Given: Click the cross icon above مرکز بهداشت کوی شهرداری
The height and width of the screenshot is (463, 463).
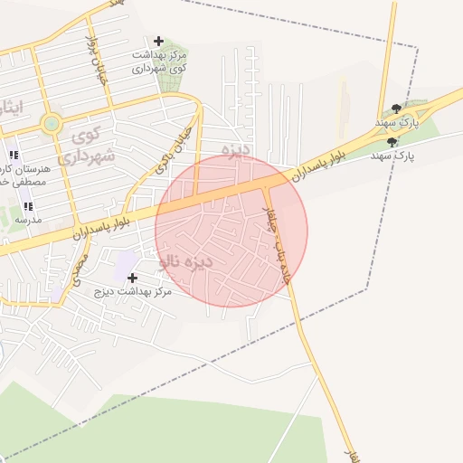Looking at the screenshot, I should tap(159, 41).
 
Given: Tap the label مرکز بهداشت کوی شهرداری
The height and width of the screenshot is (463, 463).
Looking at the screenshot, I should tap(159, 61).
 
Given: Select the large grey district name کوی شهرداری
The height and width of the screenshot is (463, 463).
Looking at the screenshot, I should tap(88, 147).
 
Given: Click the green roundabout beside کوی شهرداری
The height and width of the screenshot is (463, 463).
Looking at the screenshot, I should tap(52, 123).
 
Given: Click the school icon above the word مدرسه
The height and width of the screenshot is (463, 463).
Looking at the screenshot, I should tap(27, 207).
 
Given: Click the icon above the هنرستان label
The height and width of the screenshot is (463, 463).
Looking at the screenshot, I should tap(13, 156).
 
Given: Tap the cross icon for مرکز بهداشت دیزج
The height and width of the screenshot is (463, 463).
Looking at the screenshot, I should tap(133, 278).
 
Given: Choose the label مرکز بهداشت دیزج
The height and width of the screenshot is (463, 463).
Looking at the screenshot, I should tap(138, 292).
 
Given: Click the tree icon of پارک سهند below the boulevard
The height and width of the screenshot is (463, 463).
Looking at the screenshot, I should tap(391, 142).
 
